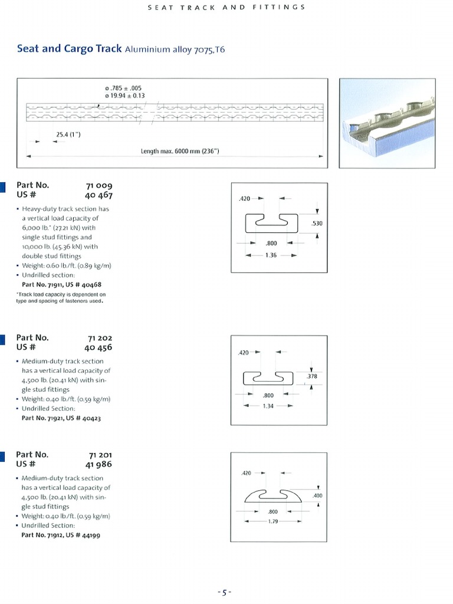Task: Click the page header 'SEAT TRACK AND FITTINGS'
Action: (x=226, y=7)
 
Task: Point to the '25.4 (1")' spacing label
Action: (x=68, y=134)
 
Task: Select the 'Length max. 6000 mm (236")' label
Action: (x=180, y=151)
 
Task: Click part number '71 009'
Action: (x=99, y=185)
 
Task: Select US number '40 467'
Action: (x=98, y=195)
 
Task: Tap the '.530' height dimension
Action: (x=316, y=224)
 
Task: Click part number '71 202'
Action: (x=99, y=338)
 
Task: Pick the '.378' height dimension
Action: (x=313, y=376)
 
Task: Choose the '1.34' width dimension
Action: (x=268, y=405)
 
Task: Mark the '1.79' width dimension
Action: (x=272, y=521)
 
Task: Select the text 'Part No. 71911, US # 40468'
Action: (x=63, y=284)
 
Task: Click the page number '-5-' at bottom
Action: (x=224, y=592)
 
